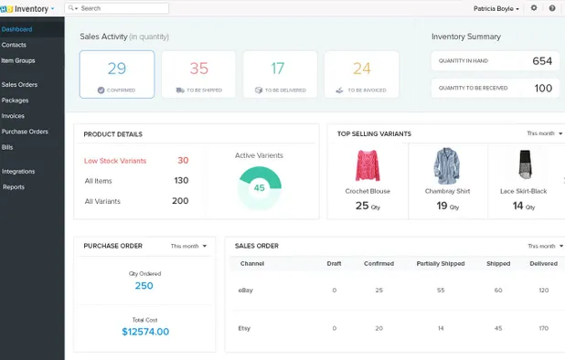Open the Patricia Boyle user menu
496,8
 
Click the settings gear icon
534,8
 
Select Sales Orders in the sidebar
19,84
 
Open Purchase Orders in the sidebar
25,132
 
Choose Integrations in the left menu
18,171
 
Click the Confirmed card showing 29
116,74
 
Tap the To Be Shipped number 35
198,69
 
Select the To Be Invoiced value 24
362,69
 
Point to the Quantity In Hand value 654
542,61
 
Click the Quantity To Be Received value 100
543,89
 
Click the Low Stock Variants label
114,161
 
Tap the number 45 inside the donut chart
259,188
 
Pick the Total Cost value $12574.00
144,332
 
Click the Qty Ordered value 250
144,286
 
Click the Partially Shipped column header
440,264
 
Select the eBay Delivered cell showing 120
544,291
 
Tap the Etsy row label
245,328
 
